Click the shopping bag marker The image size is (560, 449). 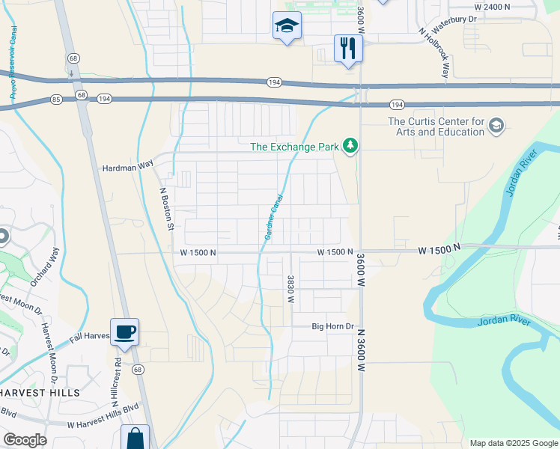click(135, 439)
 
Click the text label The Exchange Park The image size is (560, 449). click(294, 147)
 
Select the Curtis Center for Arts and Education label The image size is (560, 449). click(436, 126)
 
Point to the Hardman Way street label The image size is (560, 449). click(127, 168)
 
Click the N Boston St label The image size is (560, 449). click(168, 208)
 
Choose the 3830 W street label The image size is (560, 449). click(290, 289)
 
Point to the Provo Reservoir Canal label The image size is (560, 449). click(13, 64)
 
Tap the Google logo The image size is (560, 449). click(25, 440)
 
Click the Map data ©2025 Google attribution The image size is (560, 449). click(513, 443)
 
